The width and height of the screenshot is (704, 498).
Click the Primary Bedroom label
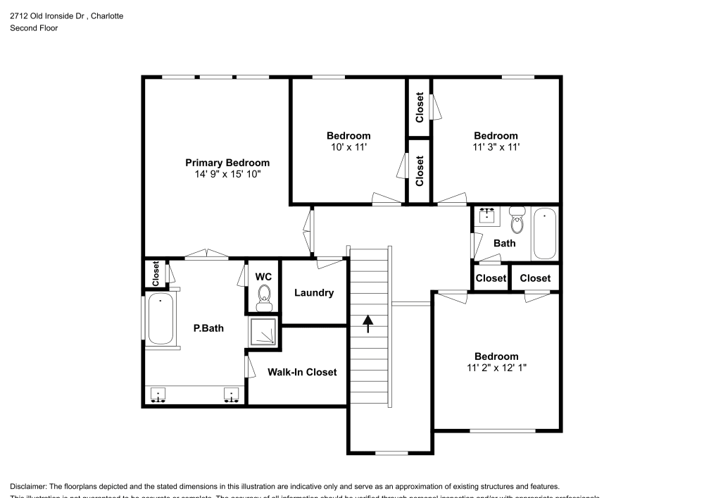coord(227,163)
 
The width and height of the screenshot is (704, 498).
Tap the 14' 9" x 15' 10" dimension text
coord(227,173)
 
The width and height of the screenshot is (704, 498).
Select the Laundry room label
coord(314,293)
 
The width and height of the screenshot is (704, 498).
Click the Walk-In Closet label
coord(302,372)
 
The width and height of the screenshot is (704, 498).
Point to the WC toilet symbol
coord(264,297)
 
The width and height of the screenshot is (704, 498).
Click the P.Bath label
coord(208,328)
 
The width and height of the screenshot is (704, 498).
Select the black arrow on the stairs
coord(367,324)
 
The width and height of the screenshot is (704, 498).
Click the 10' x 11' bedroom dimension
coord(348,147)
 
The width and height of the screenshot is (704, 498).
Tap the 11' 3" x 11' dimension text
coord(496,147)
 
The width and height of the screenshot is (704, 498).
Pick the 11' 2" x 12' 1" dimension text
coord(496,367)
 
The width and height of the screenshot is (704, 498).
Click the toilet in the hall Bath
coord(517,221)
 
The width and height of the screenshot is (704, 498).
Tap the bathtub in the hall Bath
coord(545,234)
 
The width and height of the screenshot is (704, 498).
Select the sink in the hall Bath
coord(486,216)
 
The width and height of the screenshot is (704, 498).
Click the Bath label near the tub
coord(504,243)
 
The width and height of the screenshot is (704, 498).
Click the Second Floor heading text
coord(34,28)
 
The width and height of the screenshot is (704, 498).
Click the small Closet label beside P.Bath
coord(156,273)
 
